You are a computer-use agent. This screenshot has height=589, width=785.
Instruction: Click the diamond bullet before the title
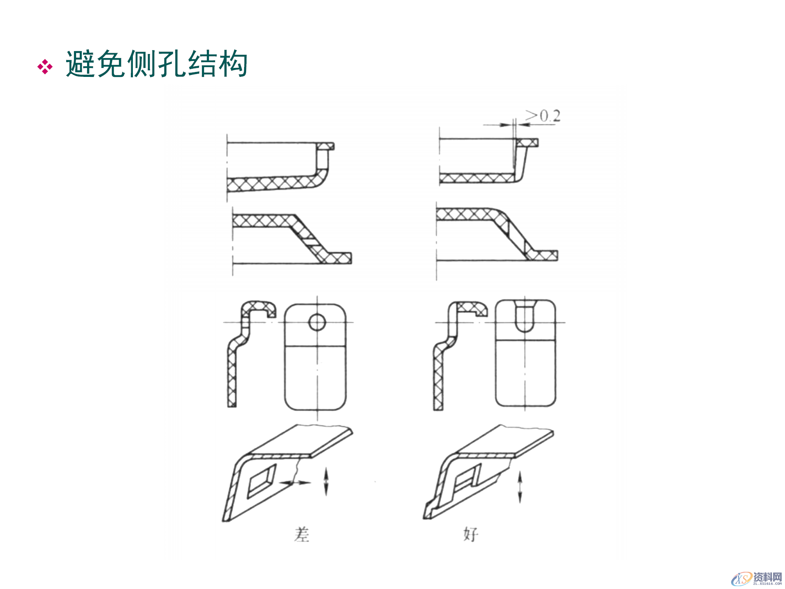click(x=45, y=67)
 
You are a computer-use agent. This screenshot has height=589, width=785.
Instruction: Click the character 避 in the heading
click(x=81, y=64)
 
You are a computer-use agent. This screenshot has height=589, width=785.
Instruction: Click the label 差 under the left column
click(x=302, y=534)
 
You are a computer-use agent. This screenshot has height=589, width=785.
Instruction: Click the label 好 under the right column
click(x=471, y=534)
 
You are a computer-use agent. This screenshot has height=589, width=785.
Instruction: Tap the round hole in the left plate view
click(x=317, y=322)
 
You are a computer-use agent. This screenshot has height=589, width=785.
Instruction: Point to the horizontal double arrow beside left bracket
click(x=295, y=483)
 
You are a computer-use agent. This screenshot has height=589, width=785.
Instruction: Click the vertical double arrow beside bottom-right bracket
click(x=520, y=486)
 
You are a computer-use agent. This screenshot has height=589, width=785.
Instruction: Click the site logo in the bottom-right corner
click(x=756, y=578)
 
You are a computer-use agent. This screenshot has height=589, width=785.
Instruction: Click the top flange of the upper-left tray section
click(x=325, y=146)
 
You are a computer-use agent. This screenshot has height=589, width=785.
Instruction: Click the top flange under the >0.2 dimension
click(x=527, y=142)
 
